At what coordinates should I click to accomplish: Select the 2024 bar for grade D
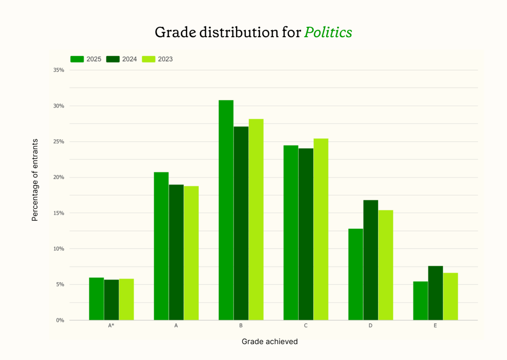(x=371, y=260)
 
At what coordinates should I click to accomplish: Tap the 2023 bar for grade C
(x=321, y=229)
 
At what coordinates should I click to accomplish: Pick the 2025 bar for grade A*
(x=96, y=299)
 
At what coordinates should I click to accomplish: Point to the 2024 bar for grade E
(x=436, y=293)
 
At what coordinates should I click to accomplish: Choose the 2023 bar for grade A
(x=191, y=253)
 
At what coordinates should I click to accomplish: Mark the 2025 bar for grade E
(x=420, y=300)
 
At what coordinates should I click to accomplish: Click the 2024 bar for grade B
(x=241, y=223)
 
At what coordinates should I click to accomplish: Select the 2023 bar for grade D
(x=386, y=265)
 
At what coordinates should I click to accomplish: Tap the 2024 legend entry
(x=122, y=59)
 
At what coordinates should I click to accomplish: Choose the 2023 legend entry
(x=158, y=59)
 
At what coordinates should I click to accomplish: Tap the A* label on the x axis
(x=112, y=326)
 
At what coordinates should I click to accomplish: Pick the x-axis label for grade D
(x=371, y=326)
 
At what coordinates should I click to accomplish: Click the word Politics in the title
(x=328, y=32)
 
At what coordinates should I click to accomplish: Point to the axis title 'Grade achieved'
(x=270, y=342)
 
